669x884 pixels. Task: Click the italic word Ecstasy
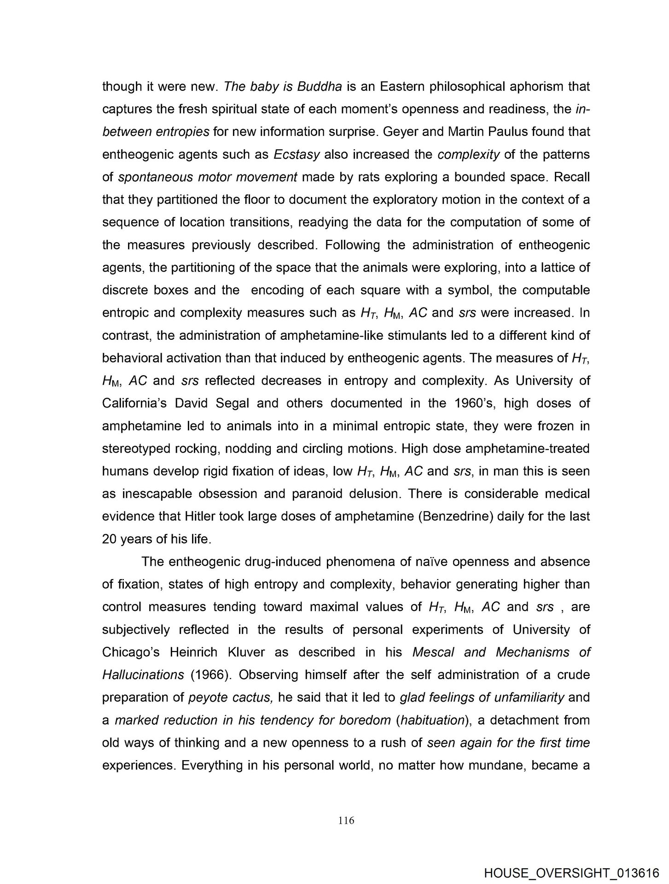point(297,155)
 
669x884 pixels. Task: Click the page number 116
point(346,820)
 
